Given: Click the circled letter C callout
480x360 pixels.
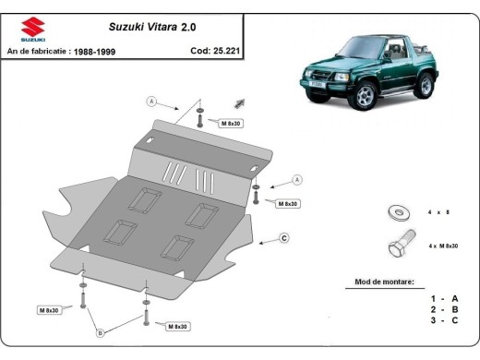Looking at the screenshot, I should (x=285, y=238).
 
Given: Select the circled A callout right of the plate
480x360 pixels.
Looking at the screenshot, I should (x=297, y=179).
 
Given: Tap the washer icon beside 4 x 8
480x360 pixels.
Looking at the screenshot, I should (x=398, y=212).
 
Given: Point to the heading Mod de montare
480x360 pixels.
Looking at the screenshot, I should (x=384, y=281).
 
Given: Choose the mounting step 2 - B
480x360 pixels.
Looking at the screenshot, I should (x=443, y=309).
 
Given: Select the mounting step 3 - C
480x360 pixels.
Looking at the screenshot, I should (x=443, y=320).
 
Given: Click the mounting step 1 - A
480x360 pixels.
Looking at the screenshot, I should (x=443, y=298).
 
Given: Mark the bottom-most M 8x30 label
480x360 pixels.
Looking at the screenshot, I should (x=179, y=326).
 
